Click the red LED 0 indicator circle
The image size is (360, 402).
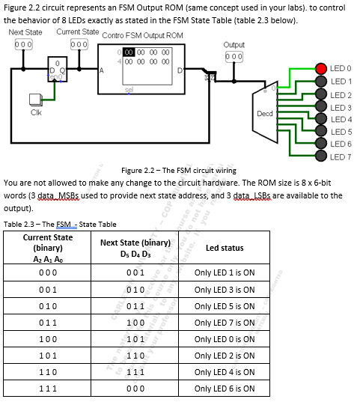coord(320,69)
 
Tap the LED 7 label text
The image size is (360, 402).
coord(341,156)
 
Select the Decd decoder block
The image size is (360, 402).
coord(265,113)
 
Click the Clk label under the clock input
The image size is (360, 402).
coord(35,112)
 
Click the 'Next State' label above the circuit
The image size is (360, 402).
coord(25,32)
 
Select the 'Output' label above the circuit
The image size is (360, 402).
coord(234,45)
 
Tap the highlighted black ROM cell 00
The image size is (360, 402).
coord(129,53)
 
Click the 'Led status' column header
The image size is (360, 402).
coord(224,248)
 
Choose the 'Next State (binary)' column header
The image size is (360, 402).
coord(128,248)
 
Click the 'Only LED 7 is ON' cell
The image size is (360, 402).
coord(224,323)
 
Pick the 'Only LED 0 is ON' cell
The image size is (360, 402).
coord(224,339)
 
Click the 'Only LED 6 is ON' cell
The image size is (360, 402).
coord(224,389)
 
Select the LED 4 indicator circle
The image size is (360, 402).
coord(320,120)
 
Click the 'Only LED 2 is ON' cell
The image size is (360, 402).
coord(224,356)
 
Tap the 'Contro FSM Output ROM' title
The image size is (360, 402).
coord(142,35)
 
